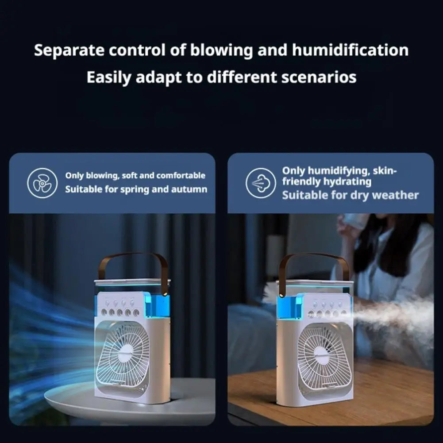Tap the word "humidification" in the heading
350,50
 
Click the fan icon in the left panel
42,183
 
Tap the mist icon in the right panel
261,183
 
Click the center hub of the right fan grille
322,354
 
